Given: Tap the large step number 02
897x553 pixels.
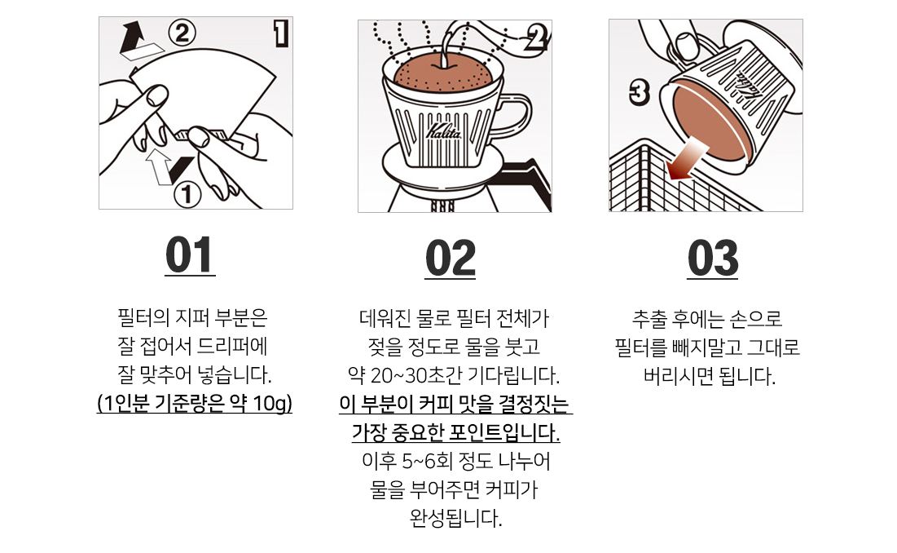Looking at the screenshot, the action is pyautogui.click(x=451, y=258).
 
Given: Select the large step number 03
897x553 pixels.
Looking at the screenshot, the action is pyautogui.click(x=712, y=258).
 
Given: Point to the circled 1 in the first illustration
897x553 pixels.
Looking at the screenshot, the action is pyautogui.click(x=187, y=195).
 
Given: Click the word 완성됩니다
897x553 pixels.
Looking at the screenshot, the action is pyautogui.click(x=455, y=519).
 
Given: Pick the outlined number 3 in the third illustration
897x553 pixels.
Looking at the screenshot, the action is pyautogui.click(x=639, y=93).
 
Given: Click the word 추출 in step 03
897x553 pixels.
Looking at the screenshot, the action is pyautogui.click(x=649, y=318).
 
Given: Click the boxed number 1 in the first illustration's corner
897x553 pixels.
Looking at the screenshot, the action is pyautogui.click(x=280, y=33).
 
